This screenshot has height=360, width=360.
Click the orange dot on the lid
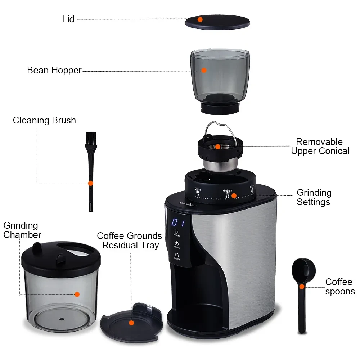[x=200, y=19]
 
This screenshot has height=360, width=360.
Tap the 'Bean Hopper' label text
[x=54, y=70]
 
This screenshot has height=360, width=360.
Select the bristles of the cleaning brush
[x=91, y=139]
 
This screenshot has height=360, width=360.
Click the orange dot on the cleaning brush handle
[x=91, y=183]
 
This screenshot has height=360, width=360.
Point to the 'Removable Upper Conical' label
[x=320, y=146]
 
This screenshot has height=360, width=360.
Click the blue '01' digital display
[x=178, y=222]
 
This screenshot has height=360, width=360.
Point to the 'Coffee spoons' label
[x=340, y=287]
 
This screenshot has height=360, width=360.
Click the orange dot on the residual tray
[x=131, y=323]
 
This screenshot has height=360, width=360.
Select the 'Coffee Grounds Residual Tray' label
[x=130, y=240]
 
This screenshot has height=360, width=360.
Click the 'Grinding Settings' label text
[x=314, y=197]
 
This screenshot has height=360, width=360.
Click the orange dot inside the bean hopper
[x=204, y=70]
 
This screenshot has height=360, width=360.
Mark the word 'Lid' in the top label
[x=68, y=19]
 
